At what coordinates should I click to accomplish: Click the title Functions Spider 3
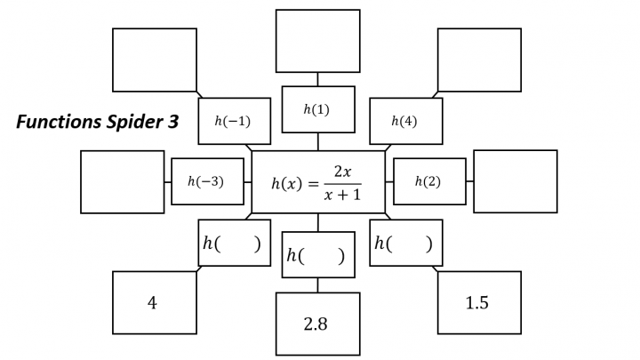97,123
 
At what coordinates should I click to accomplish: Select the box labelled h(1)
317,109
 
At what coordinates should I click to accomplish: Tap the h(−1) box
234,121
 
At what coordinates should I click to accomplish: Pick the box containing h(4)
405,121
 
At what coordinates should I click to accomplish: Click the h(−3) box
206,181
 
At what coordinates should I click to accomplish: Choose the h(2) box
428,181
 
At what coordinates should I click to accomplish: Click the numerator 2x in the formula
342,171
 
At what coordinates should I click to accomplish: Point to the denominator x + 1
342,196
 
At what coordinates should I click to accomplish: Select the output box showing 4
154,303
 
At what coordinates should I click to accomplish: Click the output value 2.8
316,324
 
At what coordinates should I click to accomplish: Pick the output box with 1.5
478,303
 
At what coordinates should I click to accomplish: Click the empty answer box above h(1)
317,41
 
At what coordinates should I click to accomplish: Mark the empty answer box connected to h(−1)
154,60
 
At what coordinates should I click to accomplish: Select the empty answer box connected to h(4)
479,60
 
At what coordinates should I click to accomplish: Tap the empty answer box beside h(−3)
122,181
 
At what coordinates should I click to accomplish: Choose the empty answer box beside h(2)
515,181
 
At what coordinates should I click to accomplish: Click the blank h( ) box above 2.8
317,255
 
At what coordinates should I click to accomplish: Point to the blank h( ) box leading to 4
234,243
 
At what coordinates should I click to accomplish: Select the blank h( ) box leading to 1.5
405,243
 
